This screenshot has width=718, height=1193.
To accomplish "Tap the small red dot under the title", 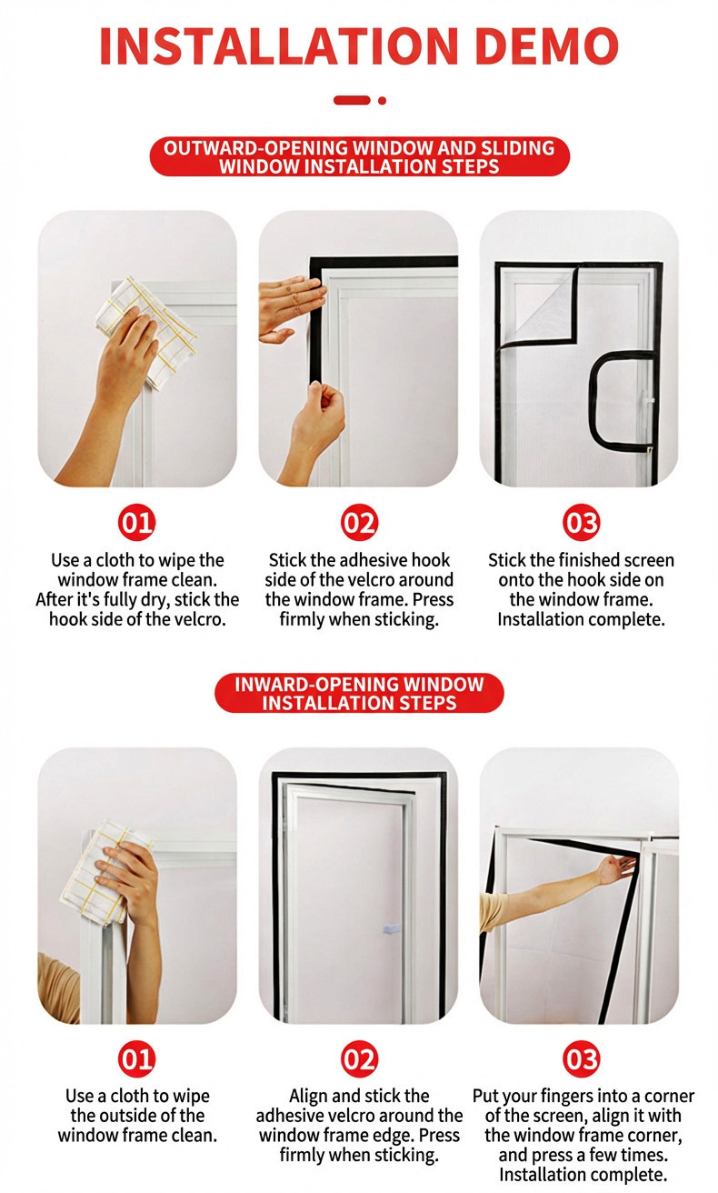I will pyautogui.click(x=383, y=100).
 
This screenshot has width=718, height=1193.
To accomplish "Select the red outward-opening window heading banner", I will pyautogui.click(x=359, y=156).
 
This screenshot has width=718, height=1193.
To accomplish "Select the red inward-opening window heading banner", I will pyautogui.click(x=359, y=693).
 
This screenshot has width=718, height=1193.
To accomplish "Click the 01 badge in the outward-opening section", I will pyautogui.click(x=136, y=523).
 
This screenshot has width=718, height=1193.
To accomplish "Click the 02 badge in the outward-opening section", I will pyautogui.click(x=359, y=523).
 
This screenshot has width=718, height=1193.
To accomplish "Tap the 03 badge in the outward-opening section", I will pyautogui.click(x=581, y=523).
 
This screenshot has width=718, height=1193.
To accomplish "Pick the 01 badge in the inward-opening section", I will pyautogui.click(x=136, y=1058).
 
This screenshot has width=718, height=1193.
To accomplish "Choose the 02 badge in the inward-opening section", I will pyautogui.click(x=359, y=1058).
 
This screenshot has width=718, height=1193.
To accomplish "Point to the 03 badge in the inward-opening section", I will pyautogui.click(x=581, y=1058).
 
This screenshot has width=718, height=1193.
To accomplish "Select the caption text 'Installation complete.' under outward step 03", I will pyautogui.click(x=581, y=620).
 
